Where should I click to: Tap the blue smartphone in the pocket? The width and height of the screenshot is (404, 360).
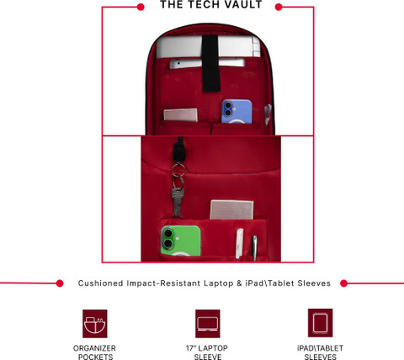click(x=237, y=111)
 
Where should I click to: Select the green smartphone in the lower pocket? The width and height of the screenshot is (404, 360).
click(x=181, y=241)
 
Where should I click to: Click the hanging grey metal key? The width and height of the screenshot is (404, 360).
click(x=178, y=203)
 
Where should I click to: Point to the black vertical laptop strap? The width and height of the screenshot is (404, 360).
click(x=211, y=63)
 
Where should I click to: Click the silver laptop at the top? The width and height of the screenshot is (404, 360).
click(x=208, y=46)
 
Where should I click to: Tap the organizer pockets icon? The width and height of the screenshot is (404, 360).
click(x=95, y=324)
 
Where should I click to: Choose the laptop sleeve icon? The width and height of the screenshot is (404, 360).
click(x=208, y=324)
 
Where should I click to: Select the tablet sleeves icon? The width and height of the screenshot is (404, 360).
click(x=320, y=323)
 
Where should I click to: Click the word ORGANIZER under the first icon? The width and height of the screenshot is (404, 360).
click(x=94, y=348)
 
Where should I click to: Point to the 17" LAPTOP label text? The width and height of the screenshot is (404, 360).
click(x=207, y=348)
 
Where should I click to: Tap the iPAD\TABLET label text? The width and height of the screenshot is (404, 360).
click(x=320, y=348)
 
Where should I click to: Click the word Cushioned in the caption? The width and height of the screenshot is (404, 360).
click(x=100, y=283)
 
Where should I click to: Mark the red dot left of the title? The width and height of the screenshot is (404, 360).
click(x=141, y=7)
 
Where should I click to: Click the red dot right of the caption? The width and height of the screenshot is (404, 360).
click(x=343, y=283)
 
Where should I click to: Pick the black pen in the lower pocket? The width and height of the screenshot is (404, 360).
click(x=254, y=248)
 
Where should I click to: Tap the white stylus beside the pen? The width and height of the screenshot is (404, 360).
click(x=239, y=243)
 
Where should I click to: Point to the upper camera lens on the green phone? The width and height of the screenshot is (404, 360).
click(x=168, y=233)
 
